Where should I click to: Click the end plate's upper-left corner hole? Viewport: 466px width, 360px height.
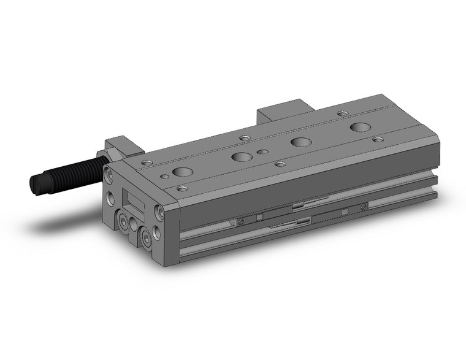click(x=110, y=175)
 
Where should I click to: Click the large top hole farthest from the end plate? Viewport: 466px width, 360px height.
click(x=361, y=128)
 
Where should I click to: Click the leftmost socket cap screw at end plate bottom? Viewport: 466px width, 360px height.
click(x=125, y=222)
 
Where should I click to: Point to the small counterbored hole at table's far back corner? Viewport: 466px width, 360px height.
click(x=342, y=113)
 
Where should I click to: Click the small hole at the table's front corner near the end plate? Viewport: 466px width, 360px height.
click(x=181, y=188)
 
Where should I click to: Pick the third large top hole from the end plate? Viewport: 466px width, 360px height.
click(x=300, y=142)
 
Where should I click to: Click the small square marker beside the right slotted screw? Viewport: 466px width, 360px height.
click(x=345, y=212)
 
